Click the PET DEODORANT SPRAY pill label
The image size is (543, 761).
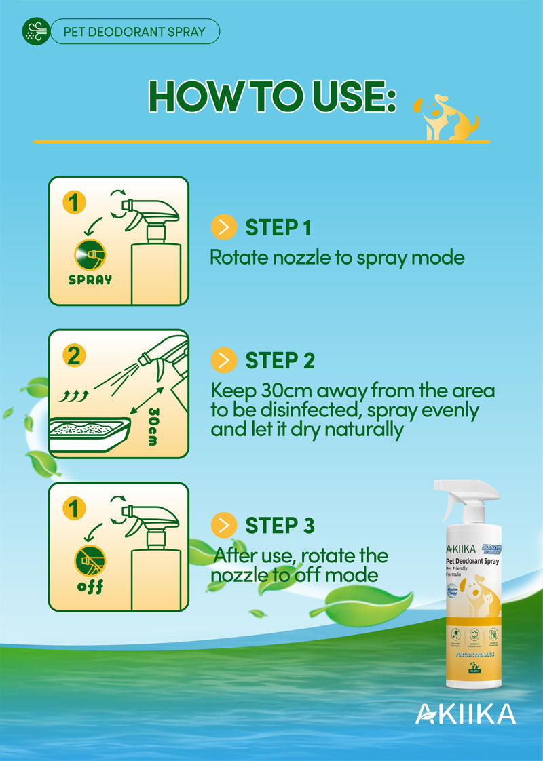[x=134, y=31]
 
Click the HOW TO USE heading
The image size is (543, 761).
[x=272, y=97]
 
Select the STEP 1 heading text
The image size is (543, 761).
[x=278, y=229]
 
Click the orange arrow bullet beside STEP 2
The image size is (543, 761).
[x=223, y=360]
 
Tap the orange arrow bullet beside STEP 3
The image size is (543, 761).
[x=223, y=526]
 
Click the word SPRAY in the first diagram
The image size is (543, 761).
[x=90, y=279]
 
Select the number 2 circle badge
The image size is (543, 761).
[x=73, y=355]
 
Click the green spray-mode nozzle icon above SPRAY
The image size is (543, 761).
[x=90, y=254]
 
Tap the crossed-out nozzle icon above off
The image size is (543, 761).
[x=90, y=560]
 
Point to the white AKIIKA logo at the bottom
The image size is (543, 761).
[x=465, y=713]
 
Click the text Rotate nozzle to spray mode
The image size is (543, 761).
[x=337, y=258]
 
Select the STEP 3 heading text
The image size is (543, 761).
[x=280, y=526]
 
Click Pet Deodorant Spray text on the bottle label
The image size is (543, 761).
[x=474, y=562]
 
